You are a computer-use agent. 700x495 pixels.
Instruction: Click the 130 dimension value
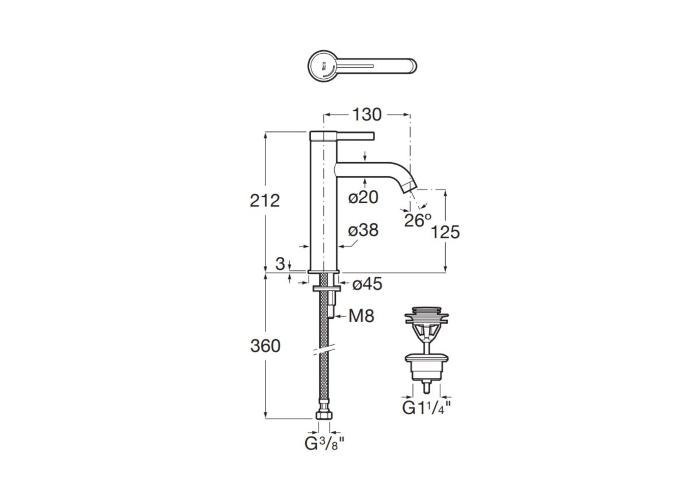click(x=367, y=115)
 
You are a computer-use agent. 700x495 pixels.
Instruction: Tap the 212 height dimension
click(x=265, y=201)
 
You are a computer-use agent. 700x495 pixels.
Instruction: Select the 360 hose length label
click(x=265, y=346)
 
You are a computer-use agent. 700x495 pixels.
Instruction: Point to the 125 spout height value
click(x=445, y=232)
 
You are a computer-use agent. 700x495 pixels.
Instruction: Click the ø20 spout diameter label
click(x=363, y=197)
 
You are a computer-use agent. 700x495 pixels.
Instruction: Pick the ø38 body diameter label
click(x=363, y=230)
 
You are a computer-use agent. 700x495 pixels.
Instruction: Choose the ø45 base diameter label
click(x=367, y=284)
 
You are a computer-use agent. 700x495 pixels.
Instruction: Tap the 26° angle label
click(x=418, y=220)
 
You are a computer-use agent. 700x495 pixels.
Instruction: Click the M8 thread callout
click(x=361, y=316)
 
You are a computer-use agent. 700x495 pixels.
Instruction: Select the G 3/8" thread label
click(x=325, y=444)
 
